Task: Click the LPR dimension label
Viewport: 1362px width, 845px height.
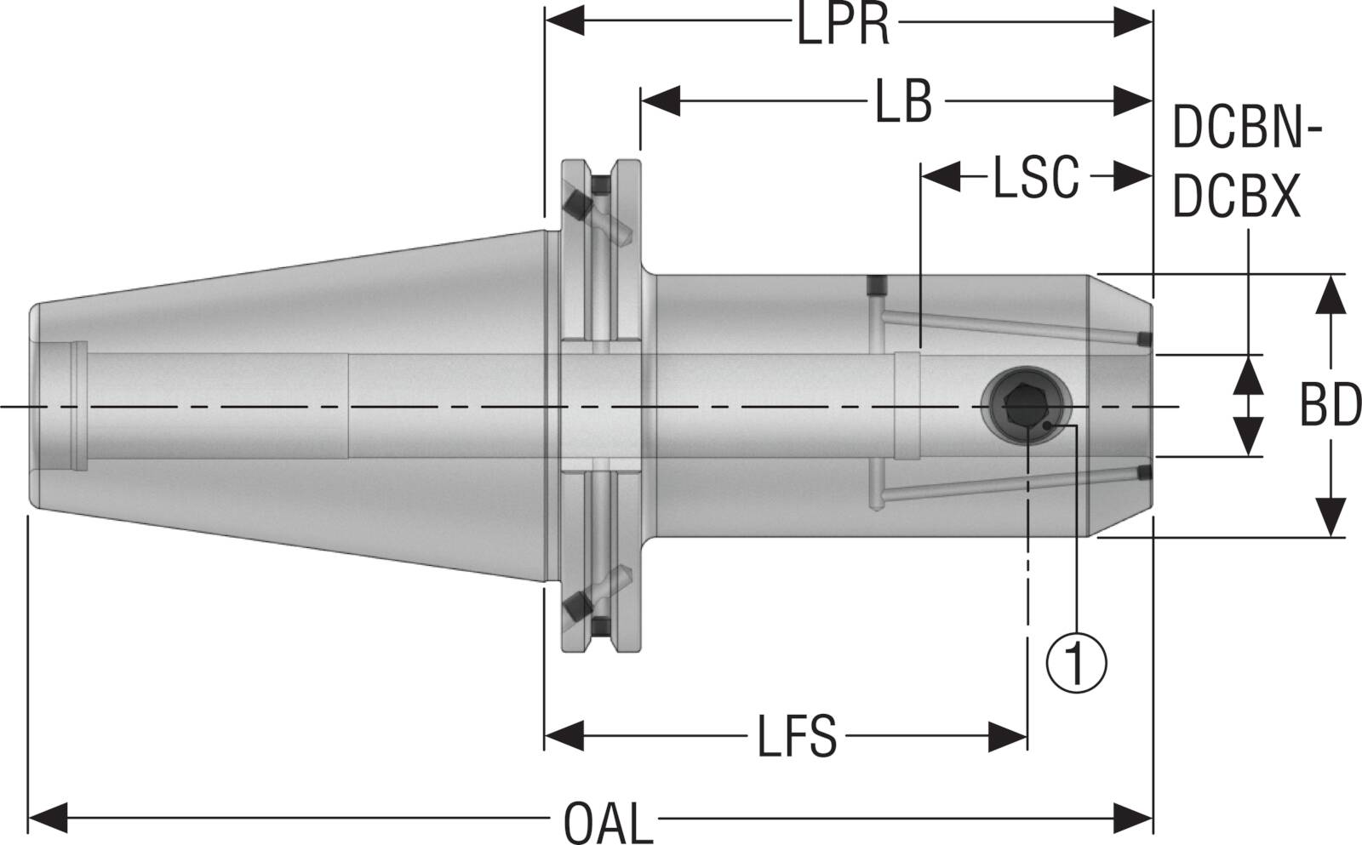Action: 843,26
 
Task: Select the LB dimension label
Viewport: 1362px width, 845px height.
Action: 904,102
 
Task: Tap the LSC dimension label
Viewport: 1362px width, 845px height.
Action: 1035,177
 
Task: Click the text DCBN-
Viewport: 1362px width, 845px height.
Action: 1247,129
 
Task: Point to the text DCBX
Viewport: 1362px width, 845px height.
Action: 1236,197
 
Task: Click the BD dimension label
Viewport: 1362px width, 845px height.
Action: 1330,407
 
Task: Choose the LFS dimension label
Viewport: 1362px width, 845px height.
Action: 797,737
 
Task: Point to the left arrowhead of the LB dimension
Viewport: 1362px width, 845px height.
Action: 661,100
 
